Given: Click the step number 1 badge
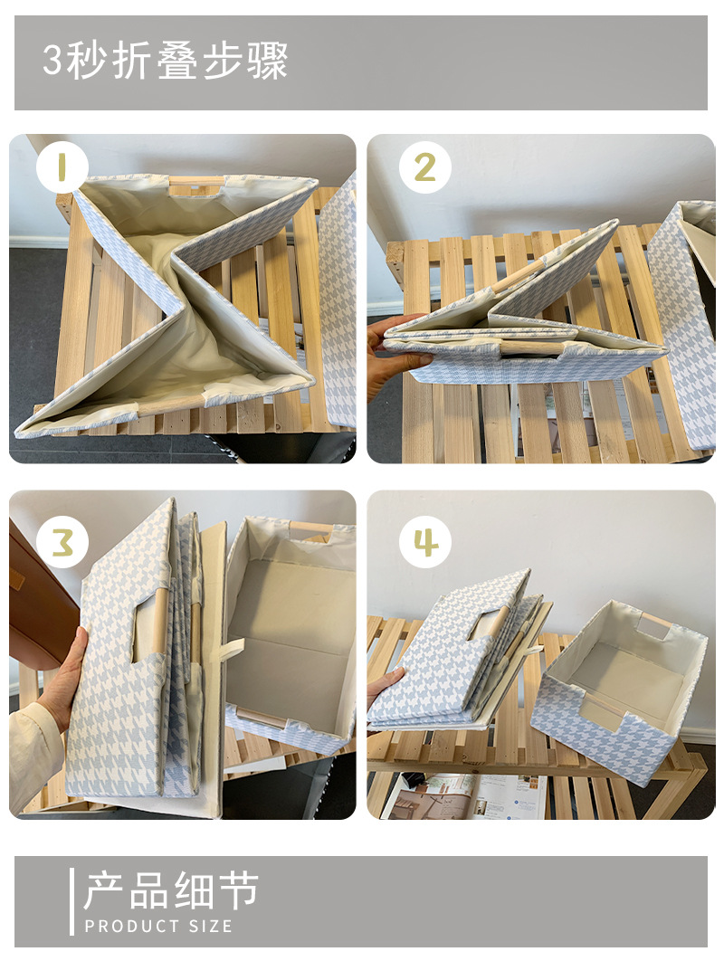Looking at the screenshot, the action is [x=62, y=167].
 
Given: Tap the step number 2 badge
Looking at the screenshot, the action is [x=424, y=167].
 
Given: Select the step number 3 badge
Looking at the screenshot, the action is [x=62, y=542].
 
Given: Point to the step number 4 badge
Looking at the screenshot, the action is [x=424, y=542].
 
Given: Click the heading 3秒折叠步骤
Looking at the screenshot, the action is [x=165, y=61].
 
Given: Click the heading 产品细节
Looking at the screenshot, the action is [x=171, y=890].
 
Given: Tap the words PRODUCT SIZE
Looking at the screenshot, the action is [x=158, y=926].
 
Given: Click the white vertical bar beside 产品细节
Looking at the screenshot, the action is [x=71, y=901].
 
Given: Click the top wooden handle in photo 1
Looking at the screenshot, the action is [x=197, y=182].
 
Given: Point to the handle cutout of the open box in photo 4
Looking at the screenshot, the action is [x=653, y=628].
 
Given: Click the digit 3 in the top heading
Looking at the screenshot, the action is [x=52, y=61].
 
